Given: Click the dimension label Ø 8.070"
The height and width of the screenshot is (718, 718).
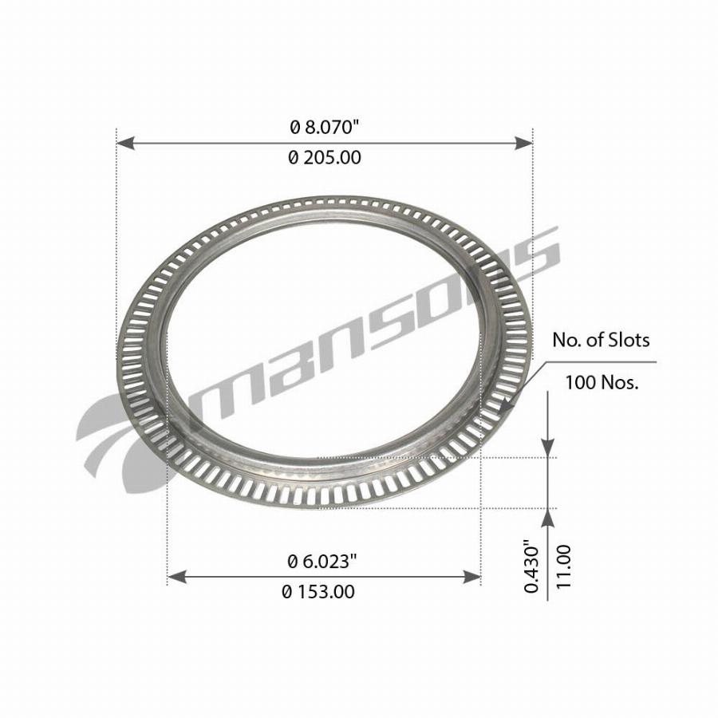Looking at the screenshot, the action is [x=323, y=128].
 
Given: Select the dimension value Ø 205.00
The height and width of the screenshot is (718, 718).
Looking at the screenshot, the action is [x=325, y=157].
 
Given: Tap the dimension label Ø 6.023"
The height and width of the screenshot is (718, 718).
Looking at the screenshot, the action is [x=322, y=562].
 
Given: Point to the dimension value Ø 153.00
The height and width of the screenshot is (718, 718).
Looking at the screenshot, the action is [x=318, y=592].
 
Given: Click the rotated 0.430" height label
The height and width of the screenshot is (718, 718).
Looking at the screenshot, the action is [x=531, y=566].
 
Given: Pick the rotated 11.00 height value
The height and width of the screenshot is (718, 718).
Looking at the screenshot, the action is [x=564, y=567].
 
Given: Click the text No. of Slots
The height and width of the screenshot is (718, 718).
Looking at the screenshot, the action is [x=601, y=340].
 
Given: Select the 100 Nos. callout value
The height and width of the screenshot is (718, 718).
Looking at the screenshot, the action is [x=602, y=382].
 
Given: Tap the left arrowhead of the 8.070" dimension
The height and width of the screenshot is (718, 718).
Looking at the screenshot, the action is [x=126, y=143].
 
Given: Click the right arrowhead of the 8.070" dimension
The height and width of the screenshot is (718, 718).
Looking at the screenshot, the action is [x=523, y=143].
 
